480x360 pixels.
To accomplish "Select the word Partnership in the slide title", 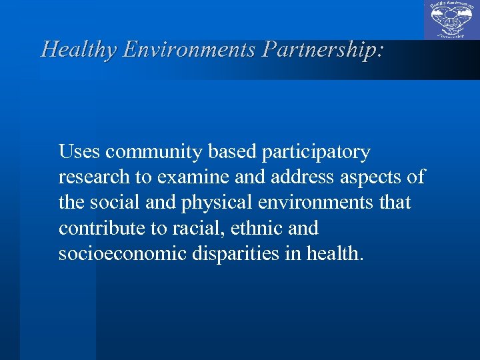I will tap(323, 49).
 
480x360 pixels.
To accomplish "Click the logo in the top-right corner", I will tap(451, 20).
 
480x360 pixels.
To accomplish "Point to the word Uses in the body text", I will tap(79, 153).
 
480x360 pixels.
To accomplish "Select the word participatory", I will tap(315, 153).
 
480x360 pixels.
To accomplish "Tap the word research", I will tap(92, 178).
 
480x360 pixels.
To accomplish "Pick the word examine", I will tap(187, 178).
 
